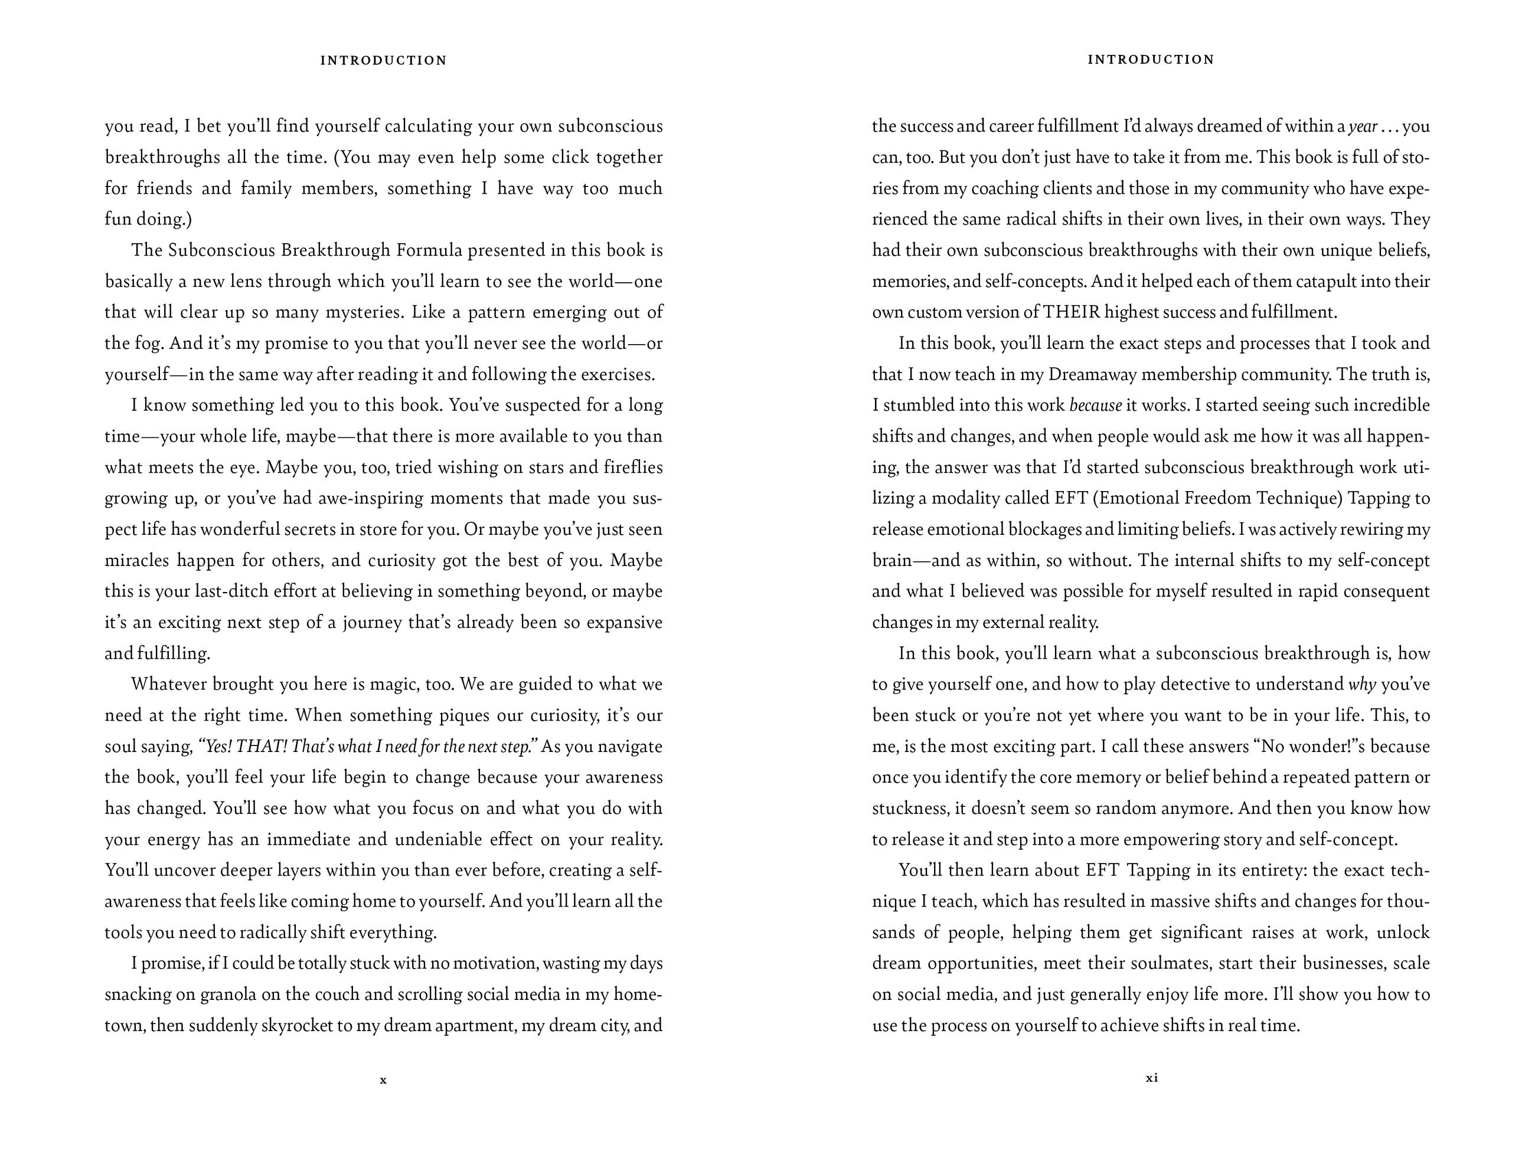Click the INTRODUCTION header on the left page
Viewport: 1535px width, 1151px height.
click(384, 60)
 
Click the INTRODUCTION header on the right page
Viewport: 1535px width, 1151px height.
click(1151, 60)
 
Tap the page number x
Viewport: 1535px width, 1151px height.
click(383, 1080)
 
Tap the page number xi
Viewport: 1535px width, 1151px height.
click(1152, 1078)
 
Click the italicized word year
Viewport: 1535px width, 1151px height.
click(1363, 127)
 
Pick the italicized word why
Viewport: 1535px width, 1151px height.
click(1362, 685)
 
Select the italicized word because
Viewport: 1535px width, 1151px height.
click(1096, 405)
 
